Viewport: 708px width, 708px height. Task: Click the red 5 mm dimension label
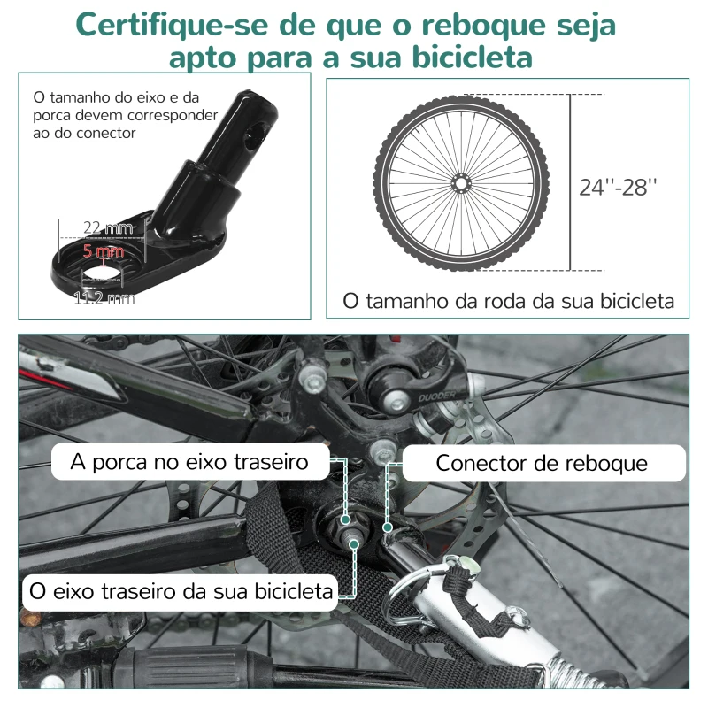click(x=103, y=250)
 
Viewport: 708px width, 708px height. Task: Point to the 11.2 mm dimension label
click(x=104, y=298)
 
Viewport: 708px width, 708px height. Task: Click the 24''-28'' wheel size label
click(x=619, y=187)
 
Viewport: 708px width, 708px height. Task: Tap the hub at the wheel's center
click(x=460, y=183)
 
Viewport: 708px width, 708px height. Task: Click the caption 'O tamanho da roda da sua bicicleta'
click(x=508, y=301)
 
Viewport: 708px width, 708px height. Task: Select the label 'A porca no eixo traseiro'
click(x=191, y=462)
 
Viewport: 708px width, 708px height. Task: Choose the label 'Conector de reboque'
click(x=542, y=463)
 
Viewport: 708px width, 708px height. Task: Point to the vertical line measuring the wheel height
click(x=569, y=182)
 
